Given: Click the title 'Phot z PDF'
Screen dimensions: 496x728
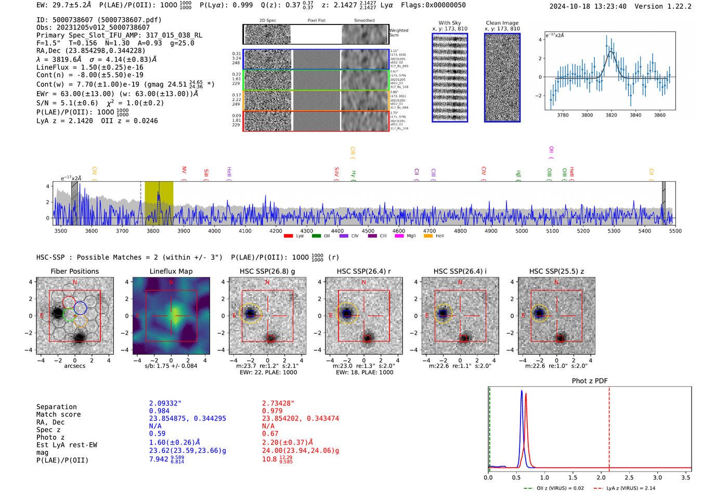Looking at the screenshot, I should tap(590, 381).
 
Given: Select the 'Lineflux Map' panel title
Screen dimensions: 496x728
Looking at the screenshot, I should tap(171, 271).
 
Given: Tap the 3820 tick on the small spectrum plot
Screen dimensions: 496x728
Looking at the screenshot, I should tap(611, 115).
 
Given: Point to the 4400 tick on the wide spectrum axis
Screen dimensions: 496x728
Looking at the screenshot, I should tap(337, 231).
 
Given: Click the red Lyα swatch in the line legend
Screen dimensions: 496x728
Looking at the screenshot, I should tap(289, 236).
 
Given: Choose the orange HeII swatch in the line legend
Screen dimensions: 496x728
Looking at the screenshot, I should tap(428, 236).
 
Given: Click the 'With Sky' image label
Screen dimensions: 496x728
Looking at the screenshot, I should tap(450, 23).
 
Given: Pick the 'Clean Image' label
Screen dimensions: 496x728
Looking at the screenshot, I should tap(502, 23).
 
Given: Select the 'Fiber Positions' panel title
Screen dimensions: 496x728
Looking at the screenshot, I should tap(74, 271).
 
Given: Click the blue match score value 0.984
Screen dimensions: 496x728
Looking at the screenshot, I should tap(159, 411).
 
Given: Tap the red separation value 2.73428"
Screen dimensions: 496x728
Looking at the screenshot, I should tap(278, 403).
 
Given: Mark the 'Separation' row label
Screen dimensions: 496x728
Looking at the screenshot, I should tap(57, 407).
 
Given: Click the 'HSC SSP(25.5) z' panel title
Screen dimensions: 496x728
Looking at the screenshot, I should tap(556, 271).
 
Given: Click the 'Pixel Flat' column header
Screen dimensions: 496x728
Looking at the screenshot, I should tap(316, 21).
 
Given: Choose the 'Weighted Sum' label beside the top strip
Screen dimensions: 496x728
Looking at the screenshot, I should tap(399, 33).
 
